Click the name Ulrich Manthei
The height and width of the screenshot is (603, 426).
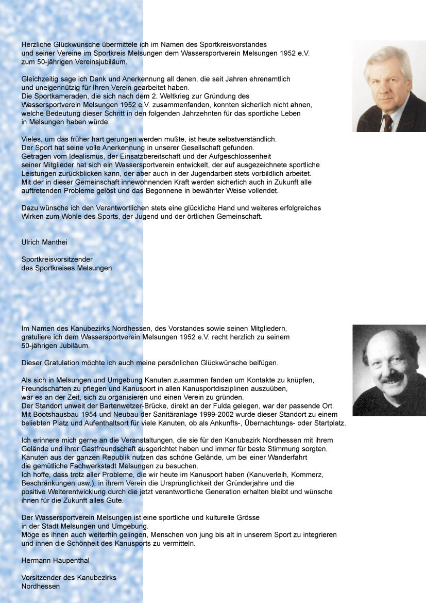[x=44, y=242]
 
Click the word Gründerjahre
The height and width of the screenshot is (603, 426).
[x=270, y=483]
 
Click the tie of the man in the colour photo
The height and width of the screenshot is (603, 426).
[x=387, y=122]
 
